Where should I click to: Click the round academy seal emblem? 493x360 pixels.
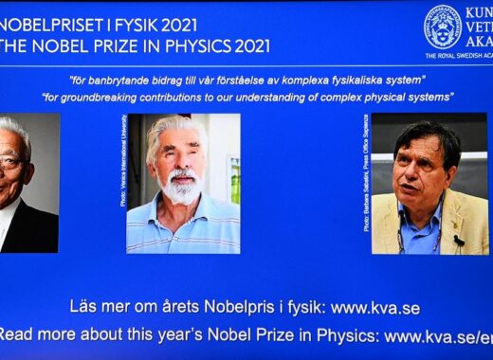(442, 27)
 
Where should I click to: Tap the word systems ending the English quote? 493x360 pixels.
(431, 98)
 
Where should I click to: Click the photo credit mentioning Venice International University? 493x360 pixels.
(123, 161)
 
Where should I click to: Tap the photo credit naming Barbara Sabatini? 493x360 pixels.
(367, 185)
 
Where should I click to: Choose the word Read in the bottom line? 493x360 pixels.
(19, 335)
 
